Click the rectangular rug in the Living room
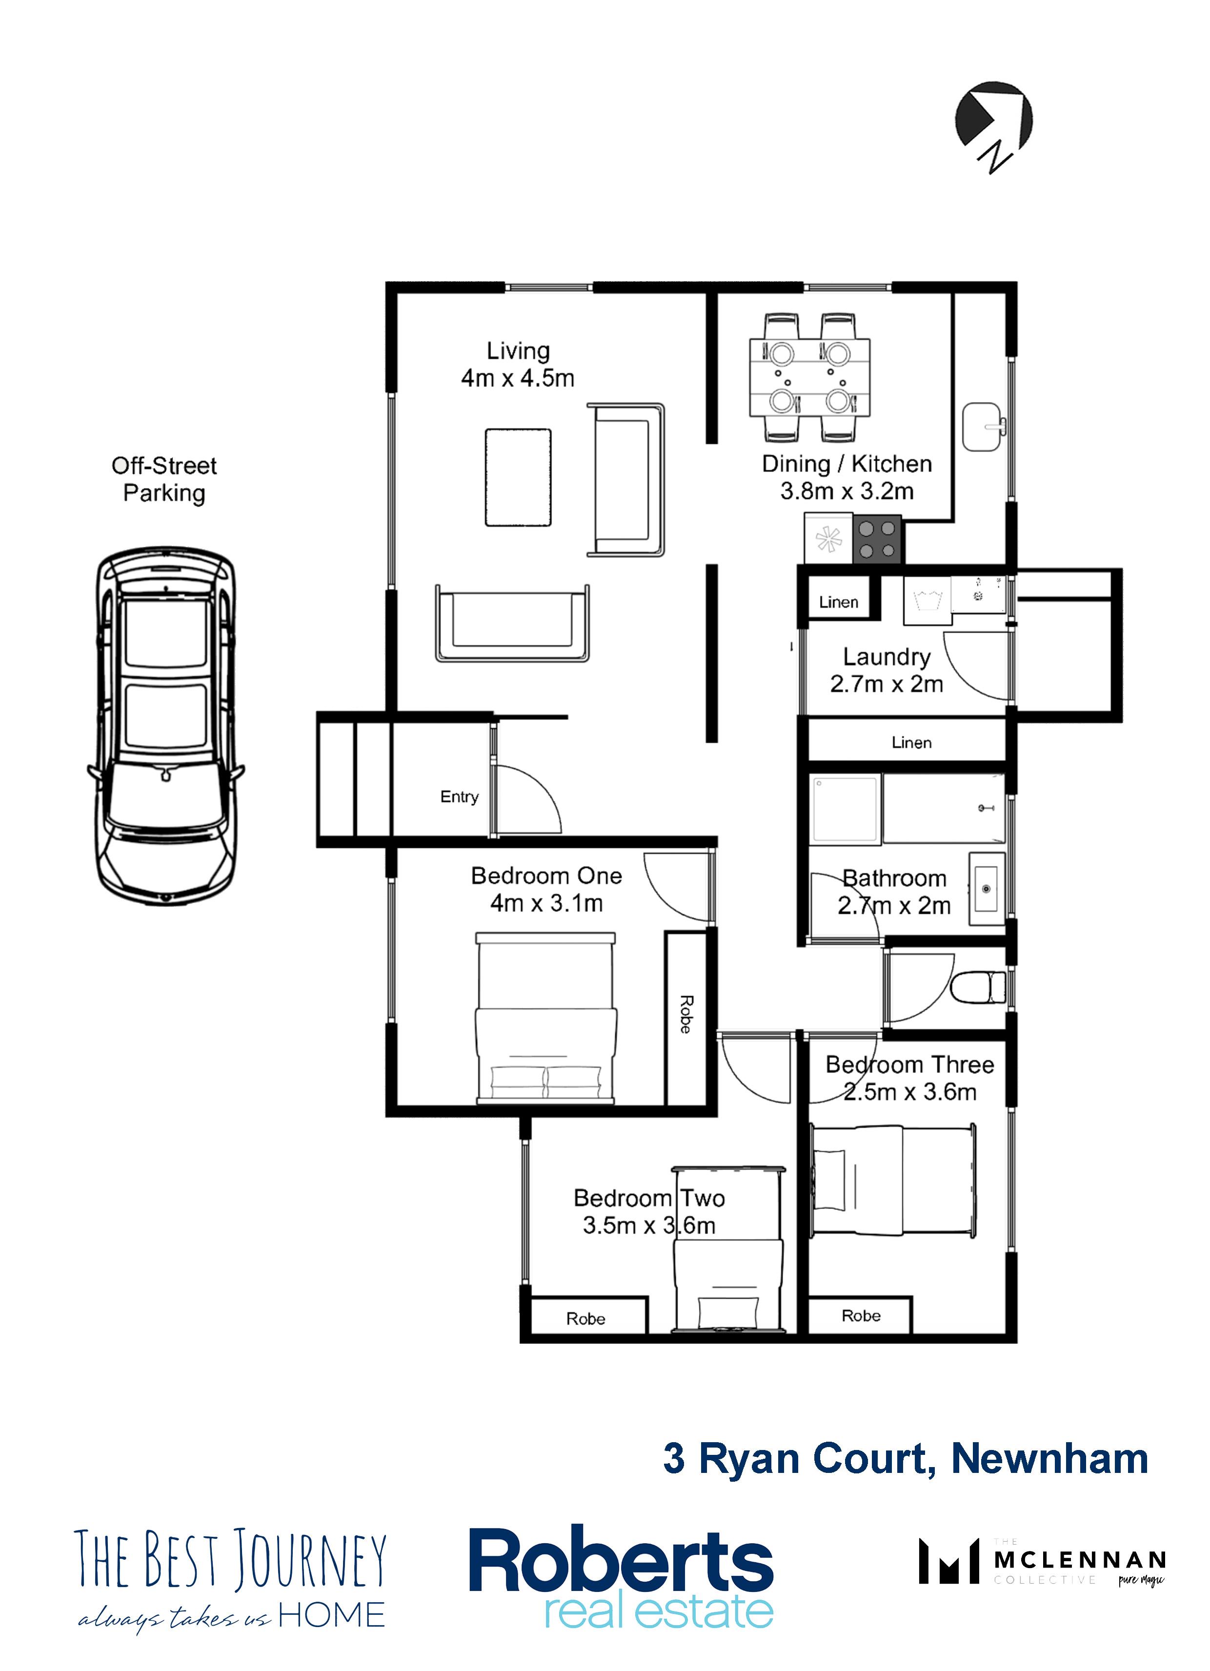point(518,478)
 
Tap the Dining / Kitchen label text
point(847,464)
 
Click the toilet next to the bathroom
point(979,987)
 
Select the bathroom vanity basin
point(987,888)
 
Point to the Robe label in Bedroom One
point(686,1014)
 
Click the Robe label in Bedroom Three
point(861,1316)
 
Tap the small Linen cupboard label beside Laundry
point(839,602)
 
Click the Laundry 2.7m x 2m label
point(887,670)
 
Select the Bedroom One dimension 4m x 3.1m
point(547,903)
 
